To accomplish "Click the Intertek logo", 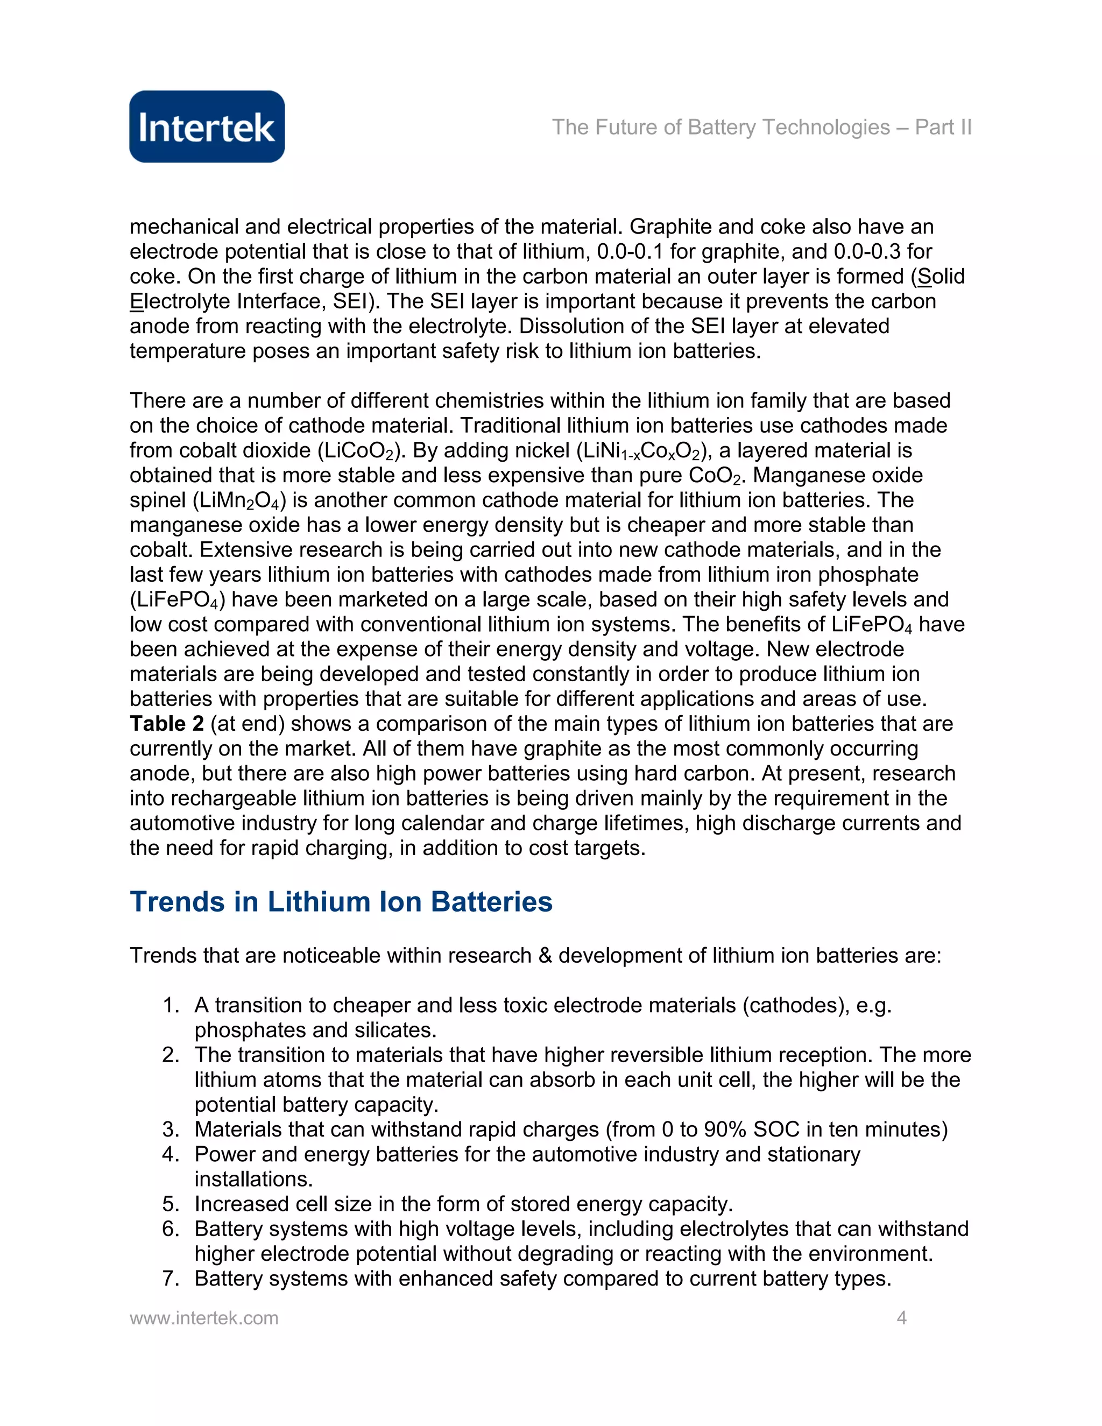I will coord(207,126).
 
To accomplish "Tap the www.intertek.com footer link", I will coord(204,1318).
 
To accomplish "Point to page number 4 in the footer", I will coord(901,1318).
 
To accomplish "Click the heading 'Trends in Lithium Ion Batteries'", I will coord(341,902).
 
